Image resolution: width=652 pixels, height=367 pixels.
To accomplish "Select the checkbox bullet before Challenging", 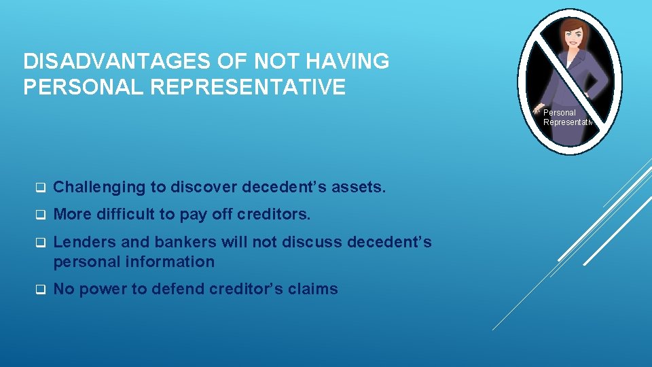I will (40, 188).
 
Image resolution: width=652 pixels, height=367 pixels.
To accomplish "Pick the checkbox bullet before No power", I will (40, 290).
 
